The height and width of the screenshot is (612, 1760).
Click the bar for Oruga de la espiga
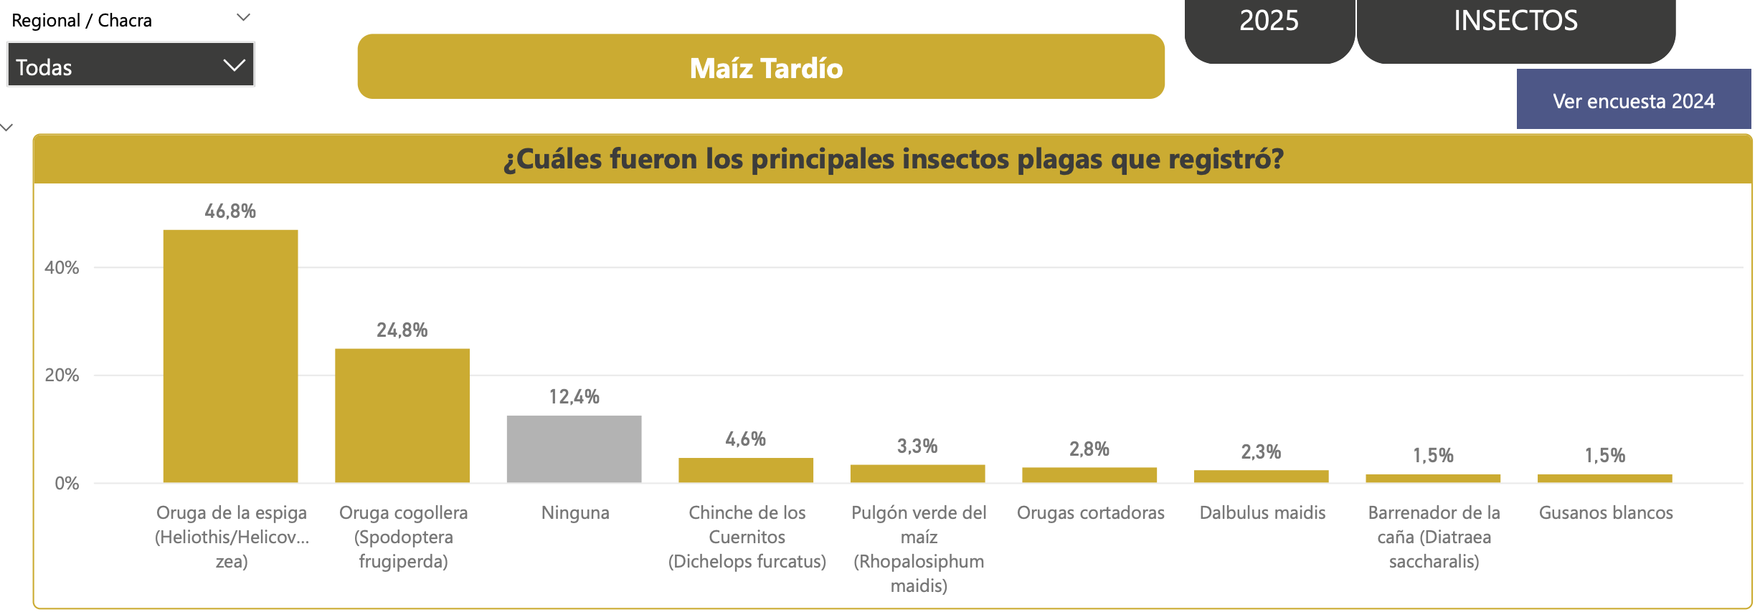[230, 356]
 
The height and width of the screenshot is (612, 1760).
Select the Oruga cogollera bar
[402, 416]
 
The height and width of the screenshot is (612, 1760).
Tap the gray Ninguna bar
[574, 449]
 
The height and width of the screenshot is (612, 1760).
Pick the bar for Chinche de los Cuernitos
[746, 470]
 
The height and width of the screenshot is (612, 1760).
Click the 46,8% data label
[230, 211]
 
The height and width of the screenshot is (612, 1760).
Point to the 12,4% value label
[574, 397]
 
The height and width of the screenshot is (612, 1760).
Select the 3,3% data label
[917, 446]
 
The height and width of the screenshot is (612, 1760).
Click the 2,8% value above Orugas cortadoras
[1089, 449]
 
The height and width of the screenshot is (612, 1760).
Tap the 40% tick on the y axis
[62, 268]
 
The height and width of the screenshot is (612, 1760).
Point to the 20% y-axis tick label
[62, 376]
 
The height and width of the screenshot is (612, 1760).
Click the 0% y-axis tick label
[67, 484]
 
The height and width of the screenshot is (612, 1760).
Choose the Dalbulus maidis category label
[1262, 513]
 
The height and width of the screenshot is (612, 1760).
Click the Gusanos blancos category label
[1606, 513]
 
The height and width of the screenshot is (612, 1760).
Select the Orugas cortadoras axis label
[1090, 513]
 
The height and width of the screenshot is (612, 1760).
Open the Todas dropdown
[131, 66]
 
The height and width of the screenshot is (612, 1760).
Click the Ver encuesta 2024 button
[1633, 100]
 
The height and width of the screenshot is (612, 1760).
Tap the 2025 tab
[1269, 21]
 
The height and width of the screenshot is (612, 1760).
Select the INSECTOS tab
[1515, 21]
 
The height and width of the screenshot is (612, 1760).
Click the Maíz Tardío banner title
[766, 68]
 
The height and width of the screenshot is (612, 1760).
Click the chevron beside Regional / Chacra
[243, 18]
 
